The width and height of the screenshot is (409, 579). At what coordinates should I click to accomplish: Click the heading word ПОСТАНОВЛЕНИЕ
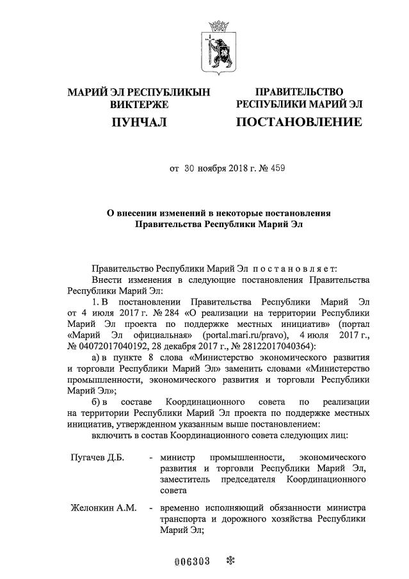pyautogui.click(x=298, y=122)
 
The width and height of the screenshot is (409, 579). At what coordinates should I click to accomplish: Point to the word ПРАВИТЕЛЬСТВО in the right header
pyautogui.click(x=299, y=93)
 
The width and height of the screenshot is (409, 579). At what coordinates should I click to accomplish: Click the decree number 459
pyautogui.click(x=278, y=170)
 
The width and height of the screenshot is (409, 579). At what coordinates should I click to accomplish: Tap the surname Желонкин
pyautogui.click(x=93, y=508)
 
